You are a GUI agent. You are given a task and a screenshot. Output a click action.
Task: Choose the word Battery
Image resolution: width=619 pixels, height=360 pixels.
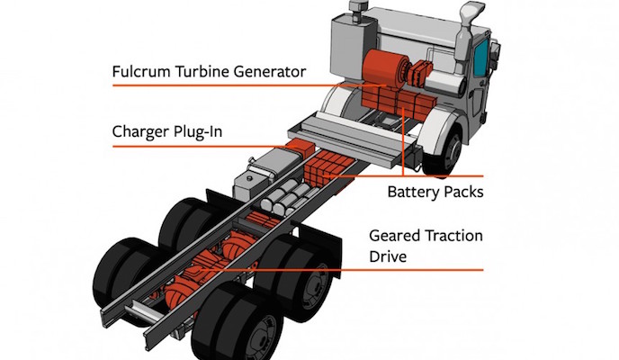click(416, 192)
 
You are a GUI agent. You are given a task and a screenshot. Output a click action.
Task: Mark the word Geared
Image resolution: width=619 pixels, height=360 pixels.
click(396, 236)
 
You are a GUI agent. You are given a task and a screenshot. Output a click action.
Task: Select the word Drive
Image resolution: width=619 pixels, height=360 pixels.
click(390, 256)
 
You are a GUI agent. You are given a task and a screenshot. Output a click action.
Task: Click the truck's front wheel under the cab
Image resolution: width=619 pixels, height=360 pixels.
click(446, 149)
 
